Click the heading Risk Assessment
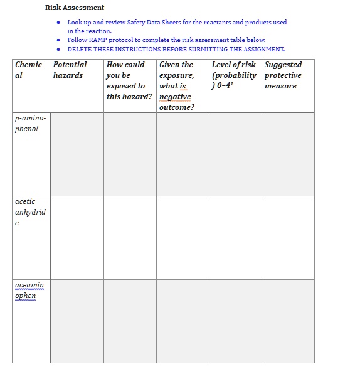pyautogui.click(x=75, y=8)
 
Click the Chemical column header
pyautogui.click(x=29, y=70)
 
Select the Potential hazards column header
pyautogui.click(x=70, y=70)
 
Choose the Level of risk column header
pyautogui.click(x=234, y=75)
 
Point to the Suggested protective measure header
pyautogui.click(x=283, y=75)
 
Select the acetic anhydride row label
pyautogui.click(x=30, y=212)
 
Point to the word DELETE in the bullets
pyautogui.click(x=79, y=49)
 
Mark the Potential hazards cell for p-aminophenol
pyautogui.click(x=77, y=154)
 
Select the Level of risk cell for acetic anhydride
pyautogui.click(x=235, y=238)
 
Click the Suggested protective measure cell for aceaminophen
pyautogui.click(x=288, y=321)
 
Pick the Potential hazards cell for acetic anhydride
pyautogui.click(x=77, y=238)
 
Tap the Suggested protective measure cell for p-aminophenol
pyautogui.click(x=288, y=154)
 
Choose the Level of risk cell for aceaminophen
pyautogui.click(x=235, y=321)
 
